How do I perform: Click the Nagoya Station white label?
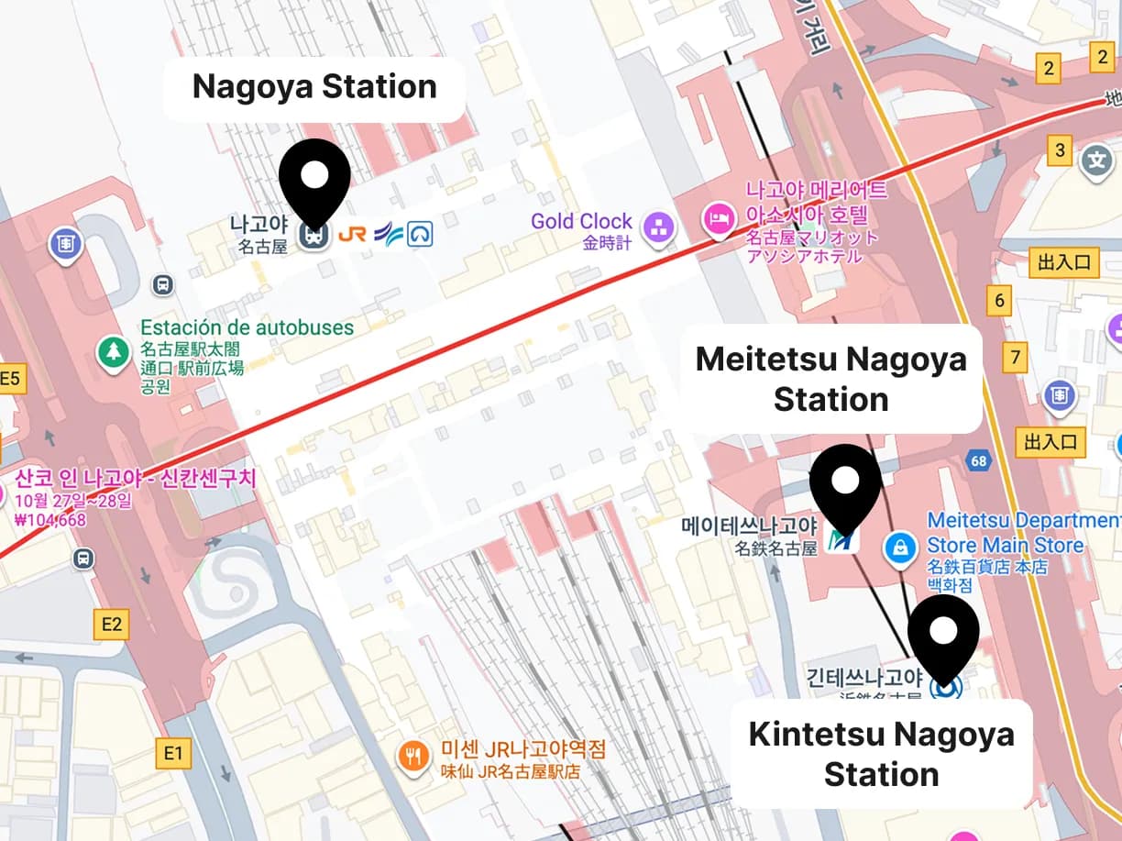point(313,88)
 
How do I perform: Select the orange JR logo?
point(352,235)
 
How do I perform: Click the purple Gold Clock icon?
point(658,227)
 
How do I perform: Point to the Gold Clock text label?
point(581,221)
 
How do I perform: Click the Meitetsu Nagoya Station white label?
point(830,379)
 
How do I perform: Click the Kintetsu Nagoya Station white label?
point(881,754)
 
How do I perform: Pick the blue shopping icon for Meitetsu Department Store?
point(901,549)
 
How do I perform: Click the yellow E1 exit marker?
point(172,754)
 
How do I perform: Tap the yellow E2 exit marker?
point(111,625)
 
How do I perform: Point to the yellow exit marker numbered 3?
point(1061,150)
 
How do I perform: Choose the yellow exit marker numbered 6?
point(999,300)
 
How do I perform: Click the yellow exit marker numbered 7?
point(1014,357)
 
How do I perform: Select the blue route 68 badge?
point(979,460)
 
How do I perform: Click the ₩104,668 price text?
point(50,520)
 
